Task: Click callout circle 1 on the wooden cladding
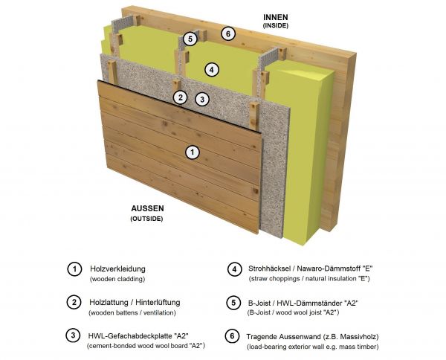point(193,152)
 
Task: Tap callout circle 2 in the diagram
point(181,97)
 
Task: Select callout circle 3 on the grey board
point(202,100)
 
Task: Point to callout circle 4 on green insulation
point(211,70)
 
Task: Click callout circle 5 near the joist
point(190,39)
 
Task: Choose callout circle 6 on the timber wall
point(228,34)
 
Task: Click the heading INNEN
point(275,17)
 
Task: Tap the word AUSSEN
point(147,208)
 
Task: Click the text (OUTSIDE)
point(146,219)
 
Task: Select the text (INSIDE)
point(275,25)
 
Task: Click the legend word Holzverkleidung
point(117,269)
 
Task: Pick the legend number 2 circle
point(74,302)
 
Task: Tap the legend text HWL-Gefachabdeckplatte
point(130,335)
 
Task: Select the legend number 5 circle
point(233,302)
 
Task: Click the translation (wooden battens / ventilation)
point(132,312)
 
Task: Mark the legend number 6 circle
point(232,336)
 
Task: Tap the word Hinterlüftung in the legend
point(158,302)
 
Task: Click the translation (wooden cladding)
point(117,279)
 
